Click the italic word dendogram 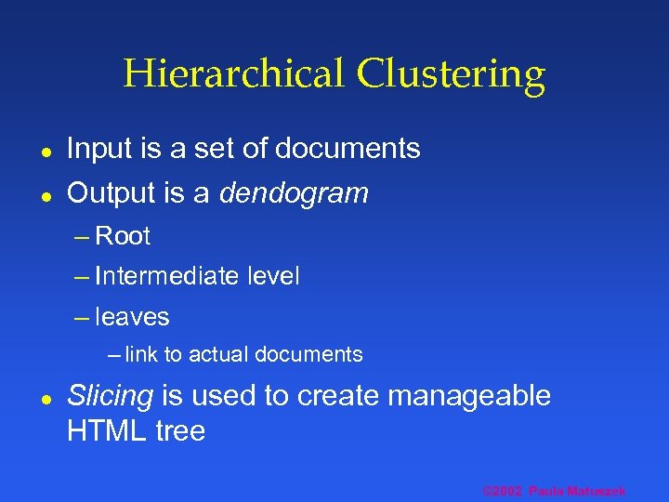pos(294,193)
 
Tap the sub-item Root pos(123,236)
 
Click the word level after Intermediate pos(273,276)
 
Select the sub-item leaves pos(132,317)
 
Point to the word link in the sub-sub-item pos(141,354)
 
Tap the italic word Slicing pos(110,396)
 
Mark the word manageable pos(469,396)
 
